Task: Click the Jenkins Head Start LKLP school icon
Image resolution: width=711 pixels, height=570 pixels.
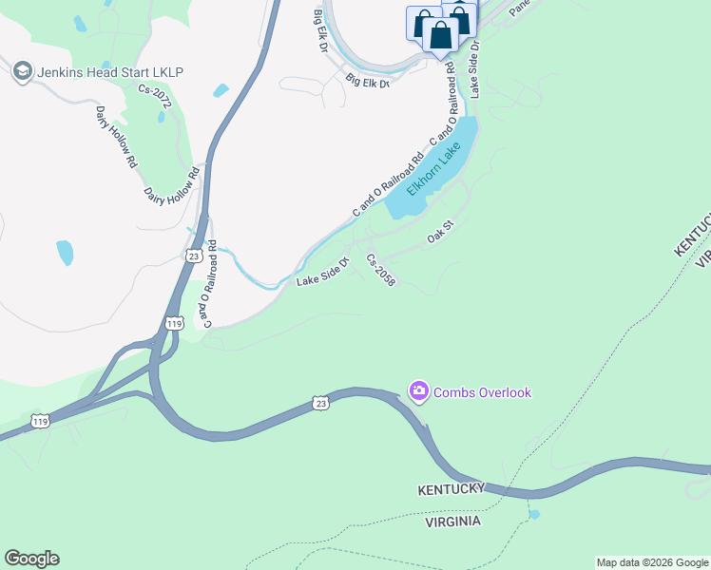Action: tap(21, 70)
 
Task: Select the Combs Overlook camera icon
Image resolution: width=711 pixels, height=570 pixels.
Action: tap(418, 390)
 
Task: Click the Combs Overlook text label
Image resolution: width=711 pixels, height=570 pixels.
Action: tap(482, 392)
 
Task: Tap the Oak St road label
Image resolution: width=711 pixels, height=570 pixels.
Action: tap(442, 232)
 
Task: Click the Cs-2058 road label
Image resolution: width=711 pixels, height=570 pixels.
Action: tap(380, 270)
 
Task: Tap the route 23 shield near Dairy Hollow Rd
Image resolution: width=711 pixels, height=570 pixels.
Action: tap(193, 255)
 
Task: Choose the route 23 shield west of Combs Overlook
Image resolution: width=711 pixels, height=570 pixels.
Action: tap(321, 404)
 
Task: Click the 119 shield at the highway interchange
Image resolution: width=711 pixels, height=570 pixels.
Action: tap(174, 324)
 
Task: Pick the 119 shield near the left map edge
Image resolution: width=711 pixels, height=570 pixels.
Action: tap(39, 420)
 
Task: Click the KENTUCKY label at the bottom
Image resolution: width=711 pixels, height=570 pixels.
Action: tap(452, 489)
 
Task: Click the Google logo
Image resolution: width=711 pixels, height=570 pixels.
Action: tap(31, 558)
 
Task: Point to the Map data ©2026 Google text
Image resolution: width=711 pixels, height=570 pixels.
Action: tap(652, 562)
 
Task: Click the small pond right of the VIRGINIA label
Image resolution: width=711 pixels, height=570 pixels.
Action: tap(533, 514)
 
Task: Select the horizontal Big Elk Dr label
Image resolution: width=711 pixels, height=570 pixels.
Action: tap(368, 82)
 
